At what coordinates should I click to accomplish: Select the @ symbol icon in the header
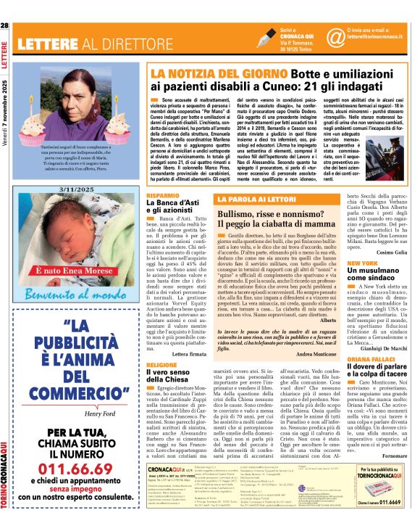[335, 37]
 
